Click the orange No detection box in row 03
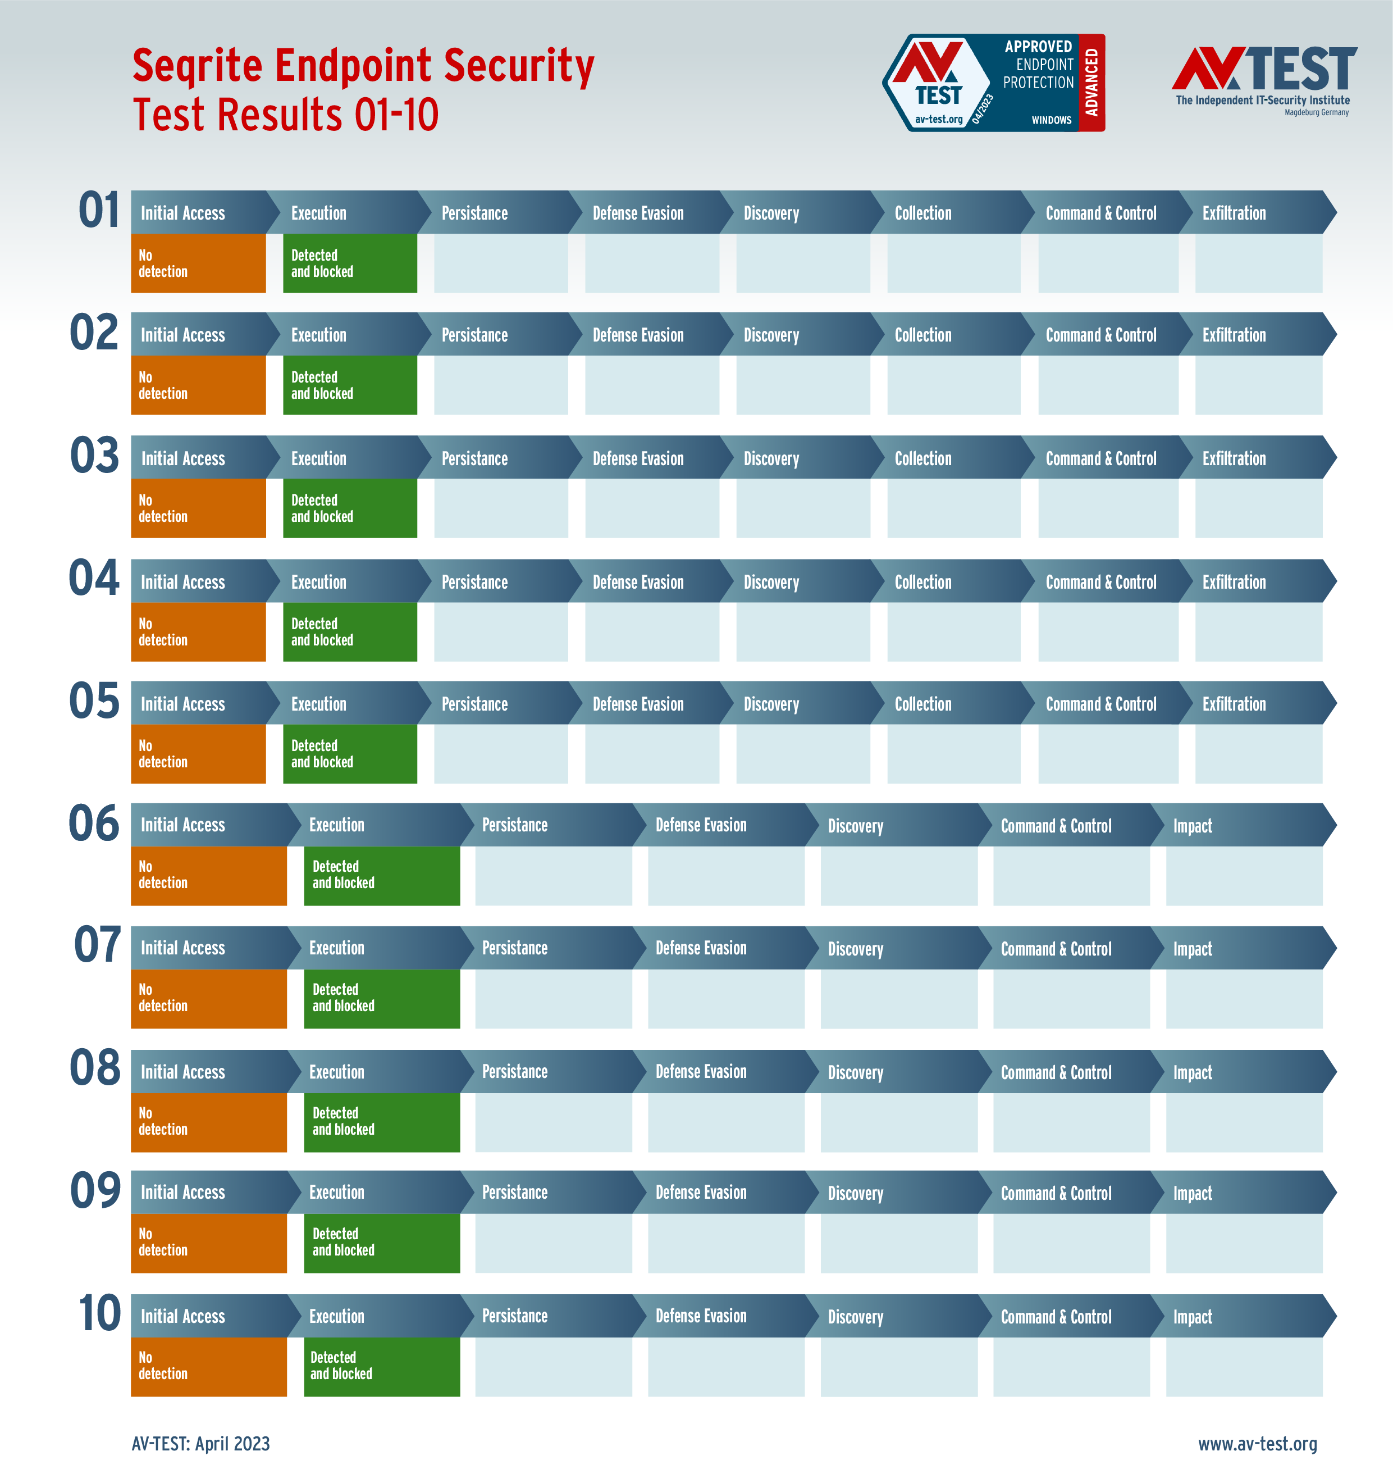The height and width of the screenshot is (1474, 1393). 198,508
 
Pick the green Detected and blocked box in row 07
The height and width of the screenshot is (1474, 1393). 382,998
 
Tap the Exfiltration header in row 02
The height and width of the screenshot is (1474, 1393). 1234,335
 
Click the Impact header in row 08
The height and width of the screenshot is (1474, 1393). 1192,1072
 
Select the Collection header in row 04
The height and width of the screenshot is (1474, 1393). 922,582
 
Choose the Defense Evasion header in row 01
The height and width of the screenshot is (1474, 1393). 638,213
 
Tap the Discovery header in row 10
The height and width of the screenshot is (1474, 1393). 856,1317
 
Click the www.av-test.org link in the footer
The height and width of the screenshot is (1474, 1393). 1257,1444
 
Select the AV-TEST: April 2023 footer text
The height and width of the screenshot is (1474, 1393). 200,1444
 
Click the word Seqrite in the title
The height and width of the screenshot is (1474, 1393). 197,65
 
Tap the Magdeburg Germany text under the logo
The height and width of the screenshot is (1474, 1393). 1317,113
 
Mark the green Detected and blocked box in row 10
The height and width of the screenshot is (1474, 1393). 382,1366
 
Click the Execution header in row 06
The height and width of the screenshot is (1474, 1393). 336,825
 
